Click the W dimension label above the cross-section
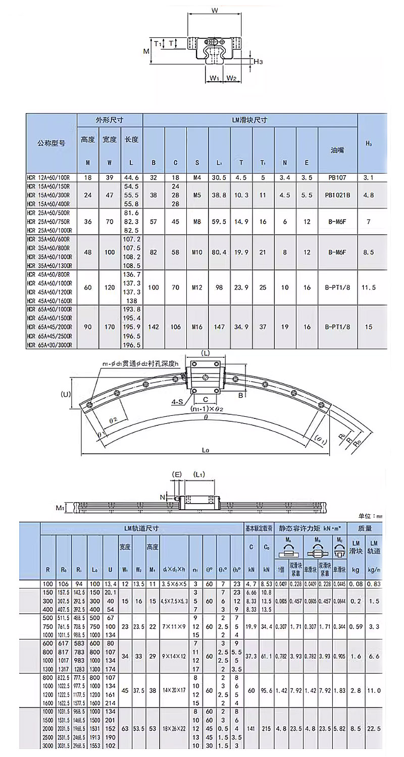[x=214, y=10]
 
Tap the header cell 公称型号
[x=52, y=143]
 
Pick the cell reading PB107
[x=338, y=178]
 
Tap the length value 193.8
[x=131, y=308]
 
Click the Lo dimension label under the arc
[x=205, y=449]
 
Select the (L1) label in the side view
[x=199, y=474]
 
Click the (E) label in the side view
[x=177, y=474]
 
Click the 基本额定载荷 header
[x=259, y=528]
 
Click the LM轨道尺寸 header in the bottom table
[x=141, y=528]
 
